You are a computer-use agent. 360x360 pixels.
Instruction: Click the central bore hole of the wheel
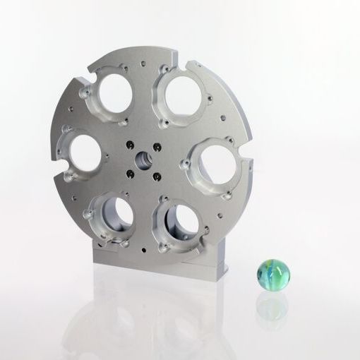(x=144, y=156)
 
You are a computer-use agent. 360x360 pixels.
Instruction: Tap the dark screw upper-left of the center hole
(x=130, y=144)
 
